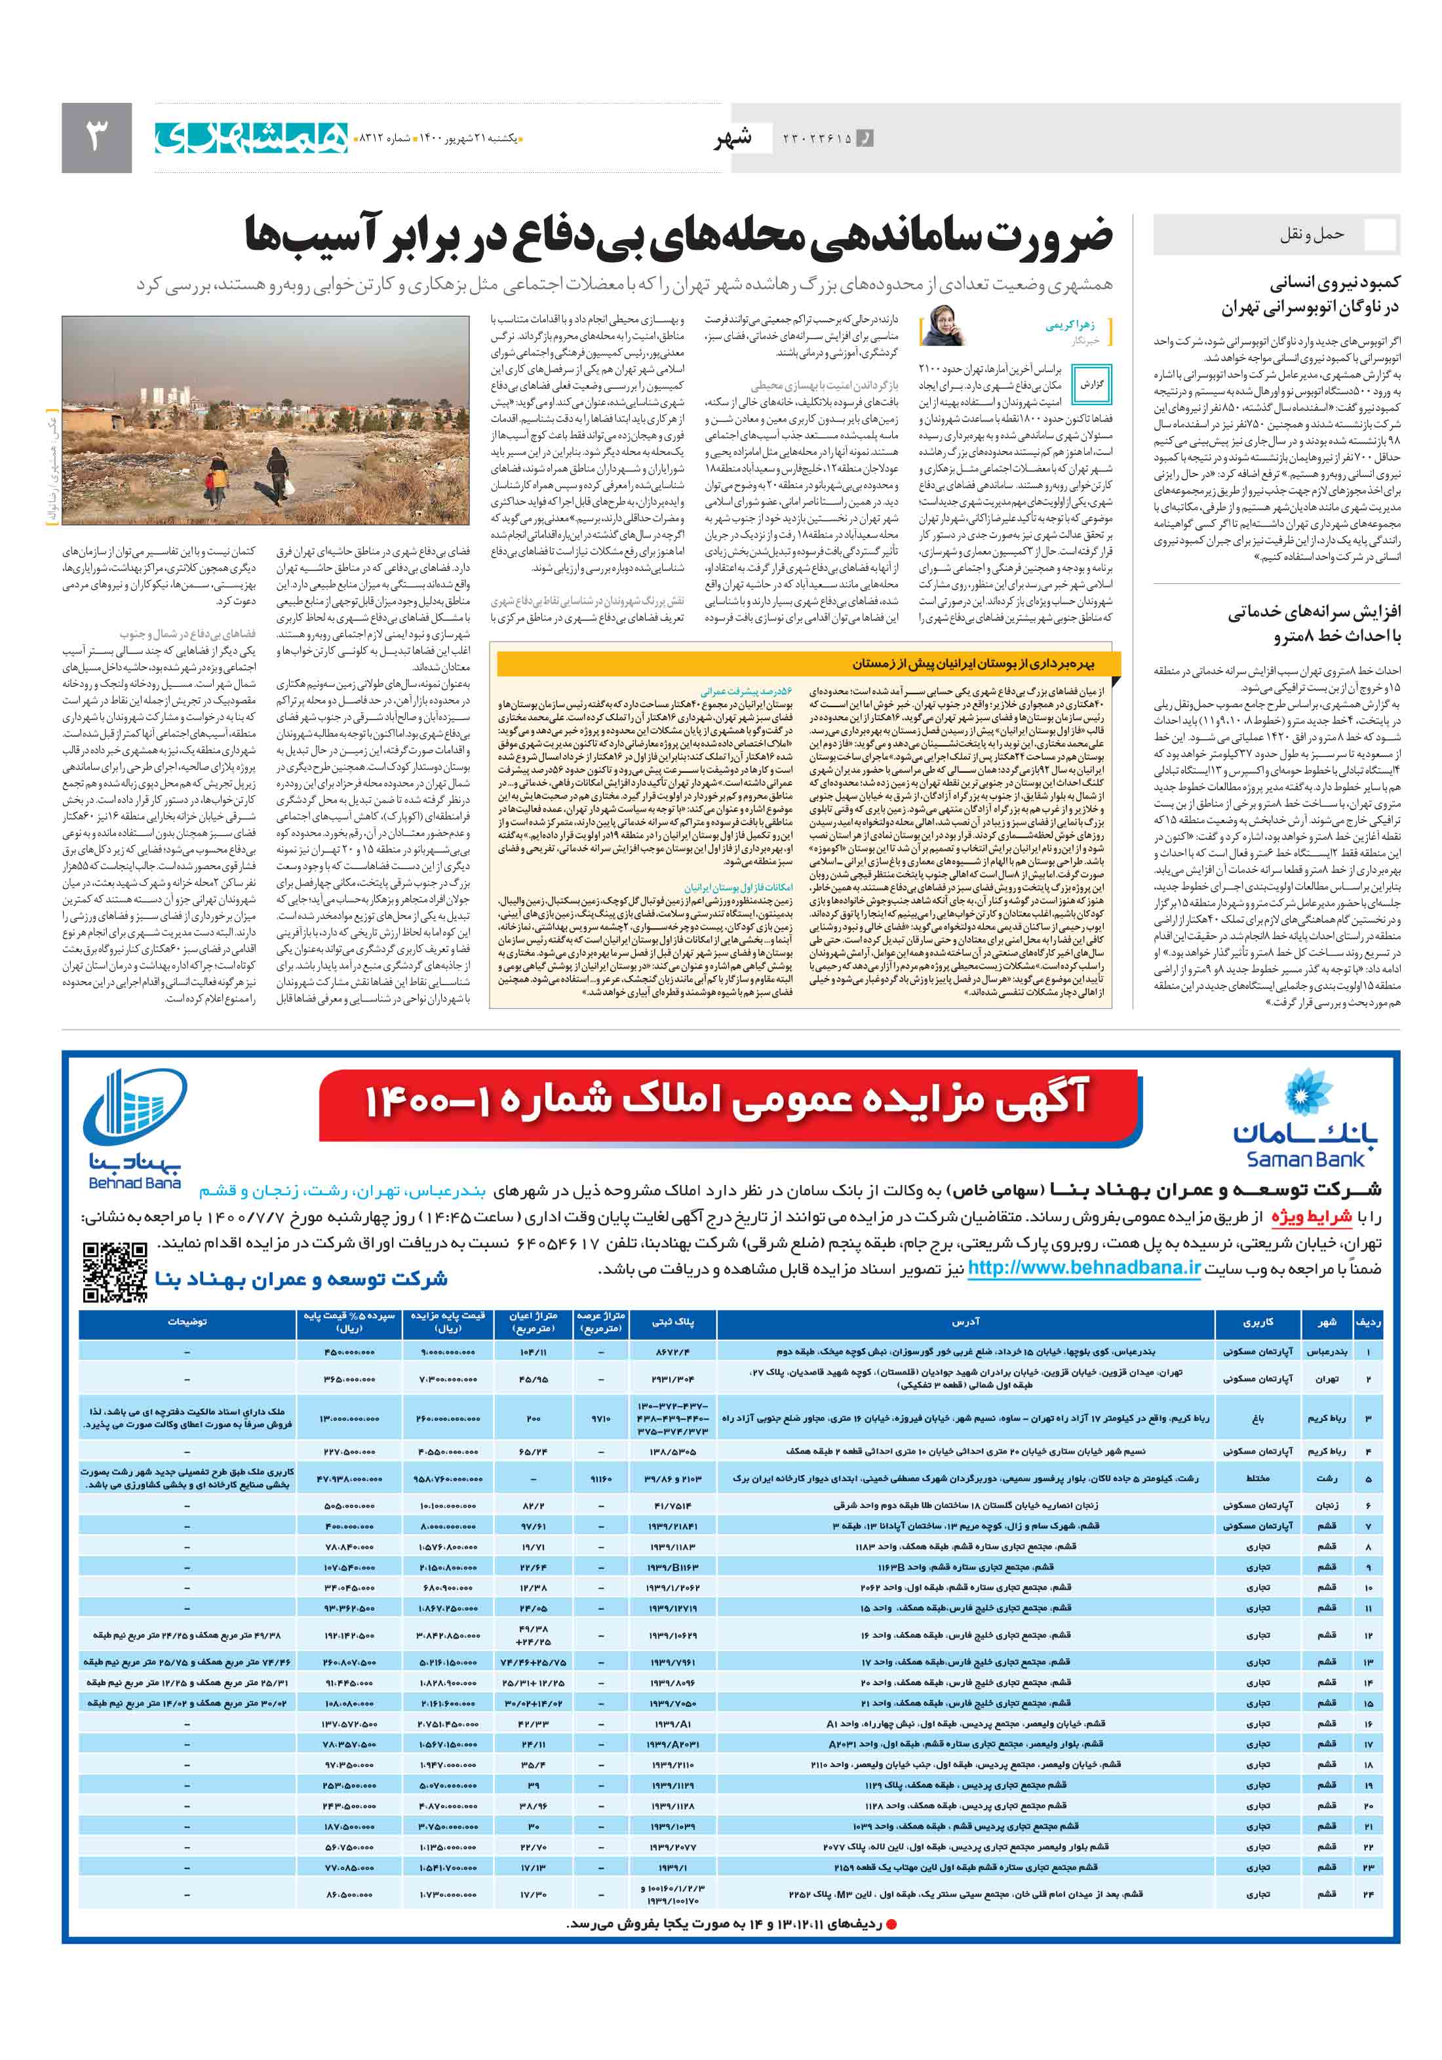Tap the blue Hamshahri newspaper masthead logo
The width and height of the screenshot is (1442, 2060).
[252, 137]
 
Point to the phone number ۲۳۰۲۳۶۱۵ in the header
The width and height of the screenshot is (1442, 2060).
[815, 138]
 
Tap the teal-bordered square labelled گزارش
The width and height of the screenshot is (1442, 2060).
[1091, 384]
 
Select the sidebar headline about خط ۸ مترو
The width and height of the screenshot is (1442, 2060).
[1314, 623]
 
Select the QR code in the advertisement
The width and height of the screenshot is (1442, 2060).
[115, 1272]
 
